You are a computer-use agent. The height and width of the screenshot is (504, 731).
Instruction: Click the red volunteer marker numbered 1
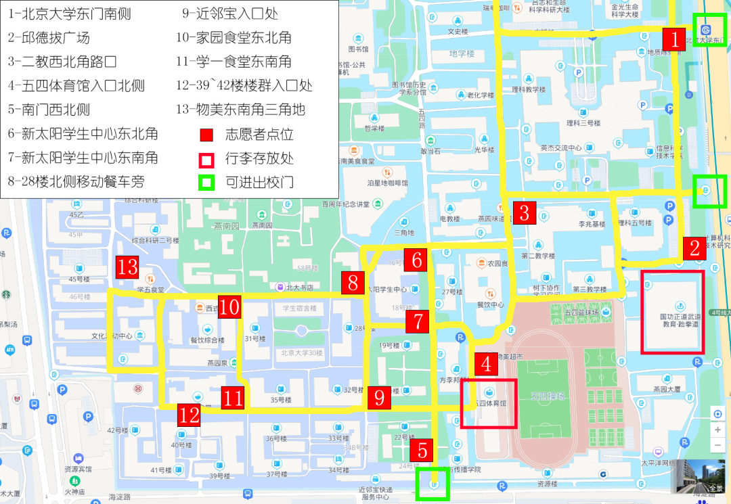[675, 39]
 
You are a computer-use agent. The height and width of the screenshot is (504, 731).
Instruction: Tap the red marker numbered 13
[127, 267]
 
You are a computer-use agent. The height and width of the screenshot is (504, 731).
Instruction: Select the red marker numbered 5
[422, 450]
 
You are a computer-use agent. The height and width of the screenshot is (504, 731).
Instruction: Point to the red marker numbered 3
[524, 213]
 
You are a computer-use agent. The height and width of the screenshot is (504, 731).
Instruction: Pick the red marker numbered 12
[189, 414]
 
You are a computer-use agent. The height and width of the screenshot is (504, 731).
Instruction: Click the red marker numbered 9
[379, 398]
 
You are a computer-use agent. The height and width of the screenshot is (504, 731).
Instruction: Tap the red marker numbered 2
[694, 248]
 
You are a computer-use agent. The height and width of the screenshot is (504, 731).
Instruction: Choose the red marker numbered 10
[229, 307]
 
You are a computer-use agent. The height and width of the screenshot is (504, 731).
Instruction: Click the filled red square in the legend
[206, 135]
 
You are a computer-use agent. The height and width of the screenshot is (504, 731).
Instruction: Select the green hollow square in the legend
[206, 182]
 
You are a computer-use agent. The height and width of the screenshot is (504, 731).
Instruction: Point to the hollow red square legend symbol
[206, 159]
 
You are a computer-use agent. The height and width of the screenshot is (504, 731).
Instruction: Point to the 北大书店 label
[299, 288]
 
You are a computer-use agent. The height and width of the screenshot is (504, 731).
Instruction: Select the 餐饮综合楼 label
[207, 340]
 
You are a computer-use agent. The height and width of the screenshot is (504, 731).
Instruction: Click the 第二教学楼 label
[538, 256]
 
